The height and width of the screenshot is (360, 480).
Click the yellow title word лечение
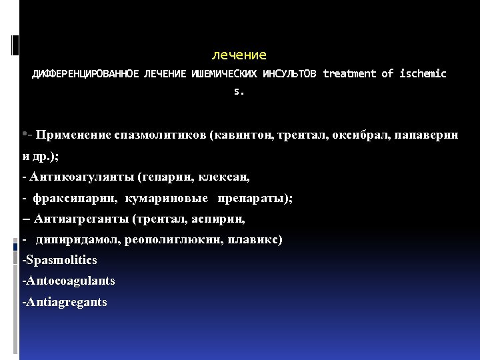239,55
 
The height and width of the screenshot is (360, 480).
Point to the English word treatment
349,74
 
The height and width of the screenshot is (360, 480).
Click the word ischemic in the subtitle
423,74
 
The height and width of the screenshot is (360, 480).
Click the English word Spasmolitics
59,260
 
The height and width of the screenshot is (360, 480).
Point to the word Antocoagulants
68,281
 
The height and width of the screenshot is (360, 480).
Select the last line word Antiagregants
65,302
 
